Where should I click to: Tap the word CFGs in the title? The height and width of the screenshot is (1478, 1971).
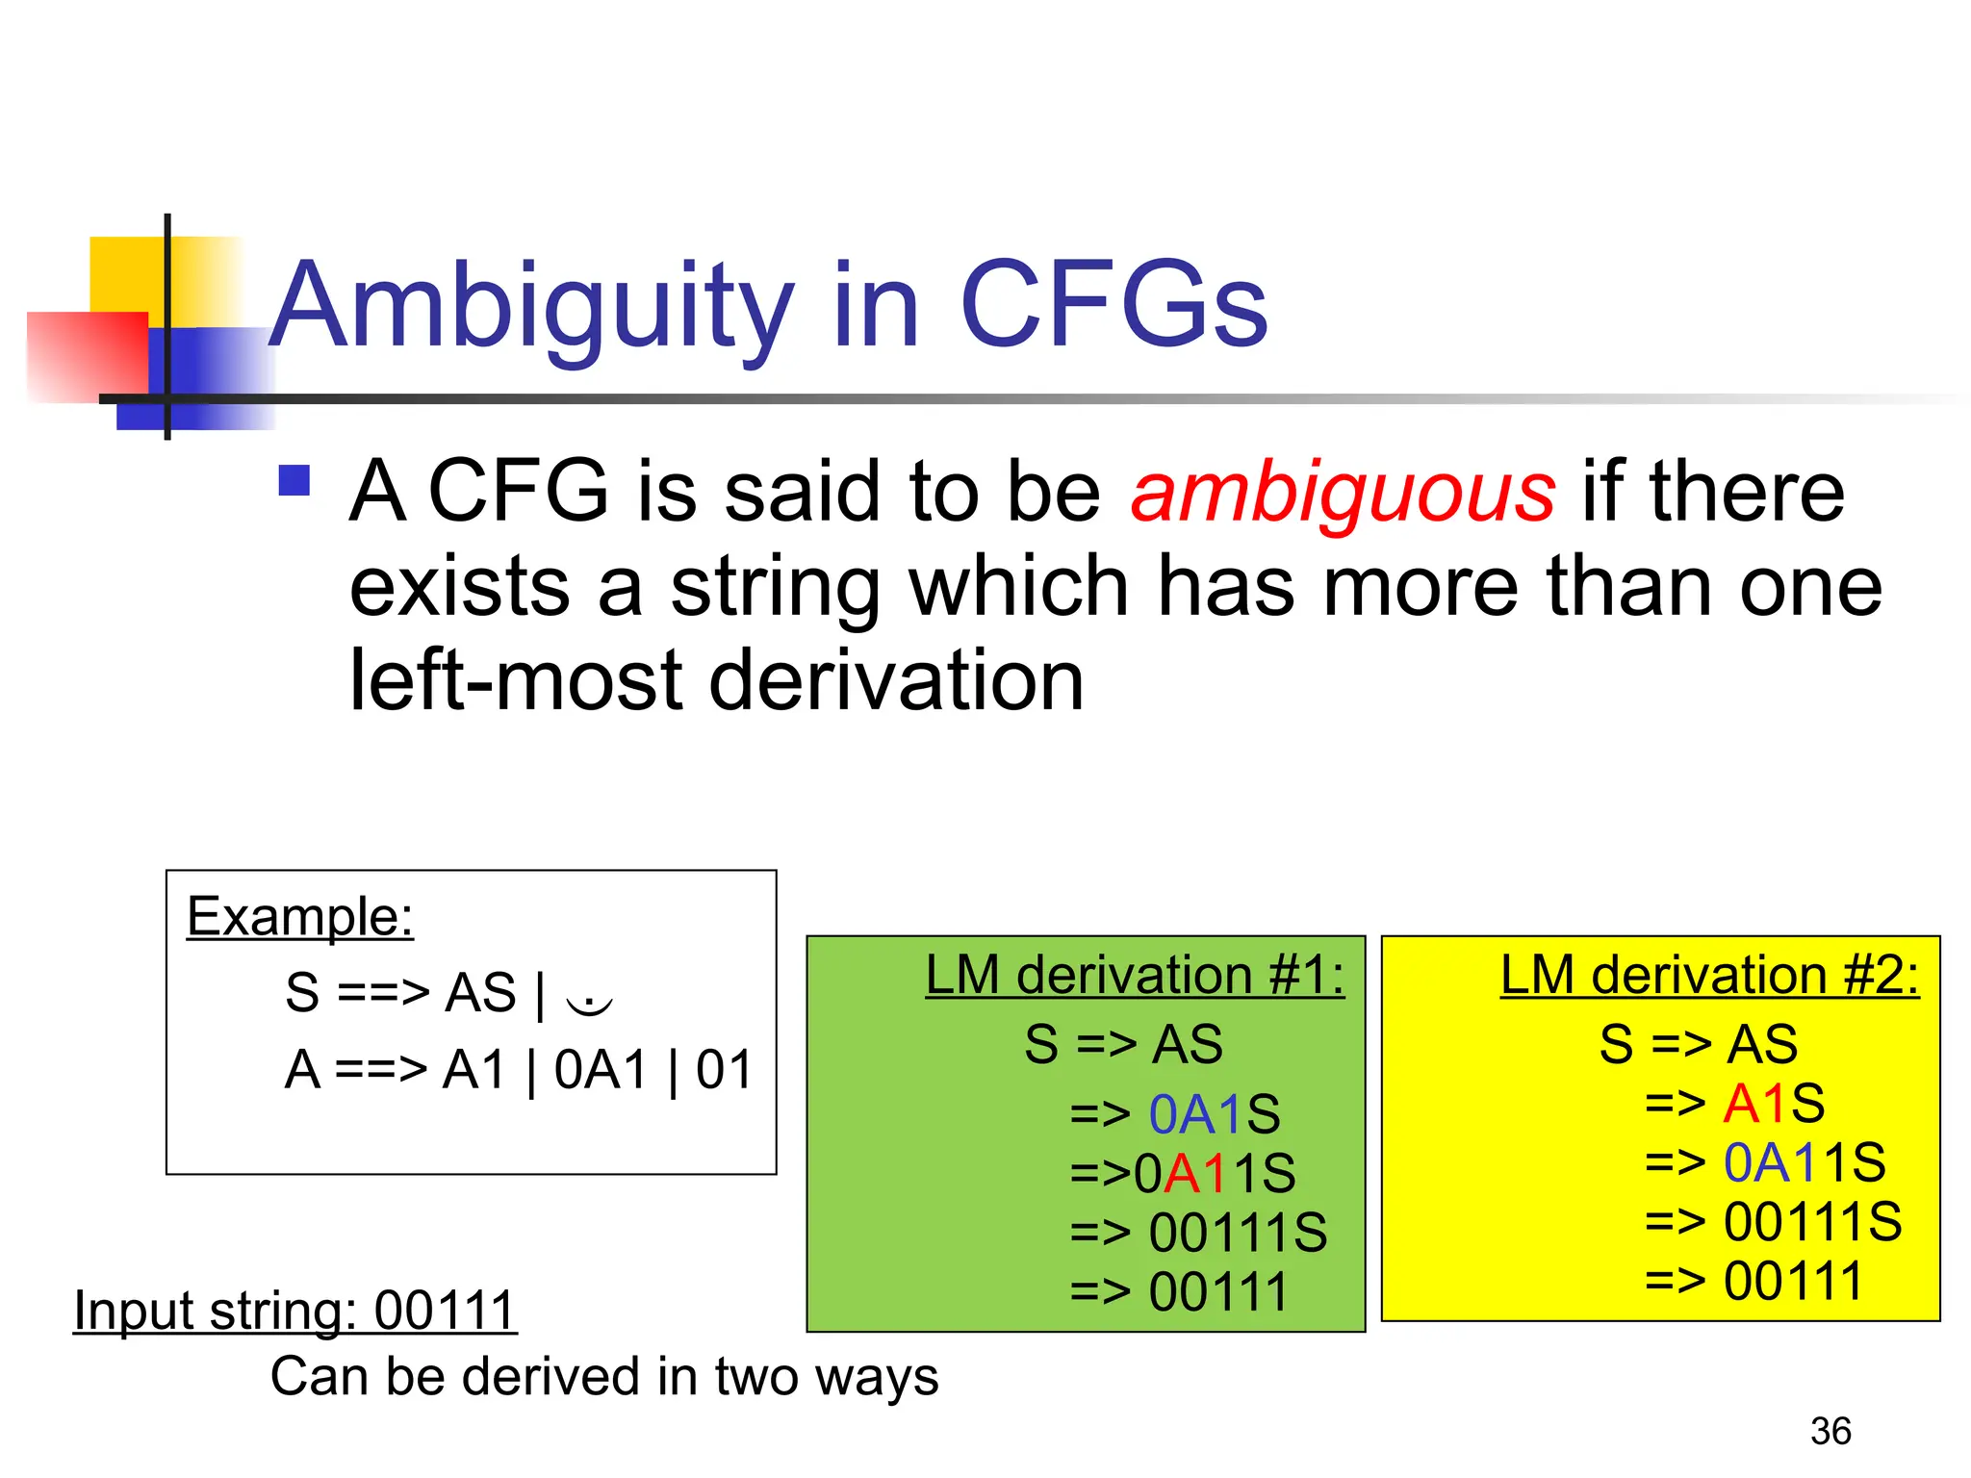pos(1113,306)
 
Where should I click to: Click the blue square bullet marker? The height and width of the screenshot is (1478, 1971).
pos(294,480)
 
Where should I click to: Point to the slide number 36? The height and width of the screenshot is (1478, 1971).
pos(1830,1431)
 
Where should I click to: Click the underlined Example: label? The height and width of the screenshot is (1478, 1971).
pos(299,916)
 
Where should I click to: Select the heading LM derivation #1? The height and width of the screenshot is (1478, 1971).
pos(1135,975)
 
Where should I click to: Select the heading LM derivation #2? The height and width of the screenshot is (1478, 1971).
pos(1709,975)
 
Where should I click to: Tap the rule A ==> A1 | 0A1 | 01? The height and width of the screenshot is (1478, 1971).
pos(518,1070)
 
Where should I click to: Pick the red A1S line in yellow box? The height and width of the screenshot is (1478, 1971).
pos(1734,1104)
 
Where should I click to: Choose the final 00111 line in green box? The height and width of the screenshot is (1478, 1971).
pos(1179,1291)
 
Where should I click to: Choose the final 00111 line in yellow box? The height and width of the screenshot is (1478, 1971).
pos(1753,1281)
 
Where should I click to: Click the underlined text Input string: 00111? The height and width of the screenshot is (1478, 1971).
pos(295,1311)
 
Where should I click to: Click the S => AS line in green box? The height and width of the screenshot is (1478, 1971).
pos(1123,1044)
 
